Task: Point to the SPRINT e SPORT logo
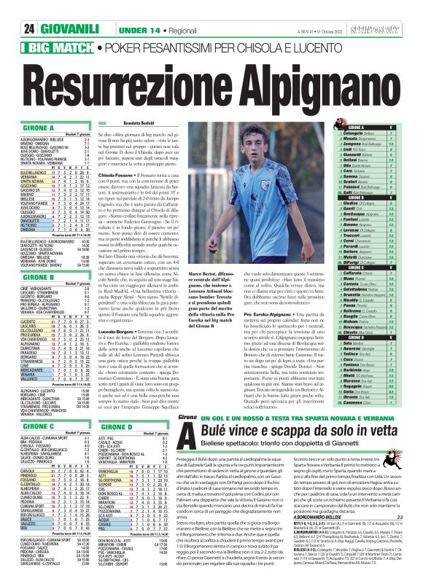pos(393,9)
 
